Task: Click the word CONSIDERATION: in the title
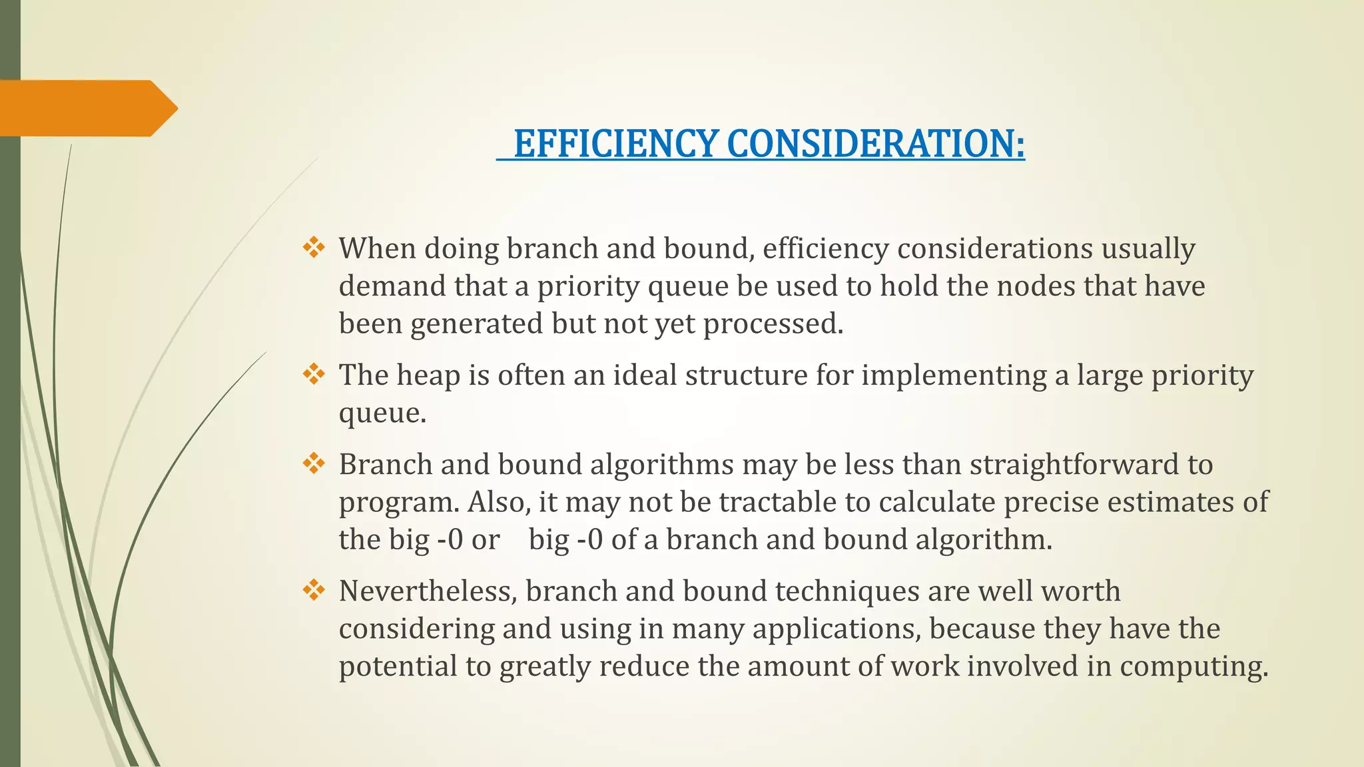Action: tap(876, 144)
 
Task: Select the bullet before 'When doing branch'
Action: tap(314, 248)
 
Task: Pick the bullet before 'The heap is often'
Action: tap(314, 375)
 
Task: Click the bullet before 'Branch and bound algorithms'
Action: tap(314, 464)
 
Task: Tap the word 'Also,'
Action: tap(499, 502)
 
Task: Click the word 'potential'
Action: tap(398, 667)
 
